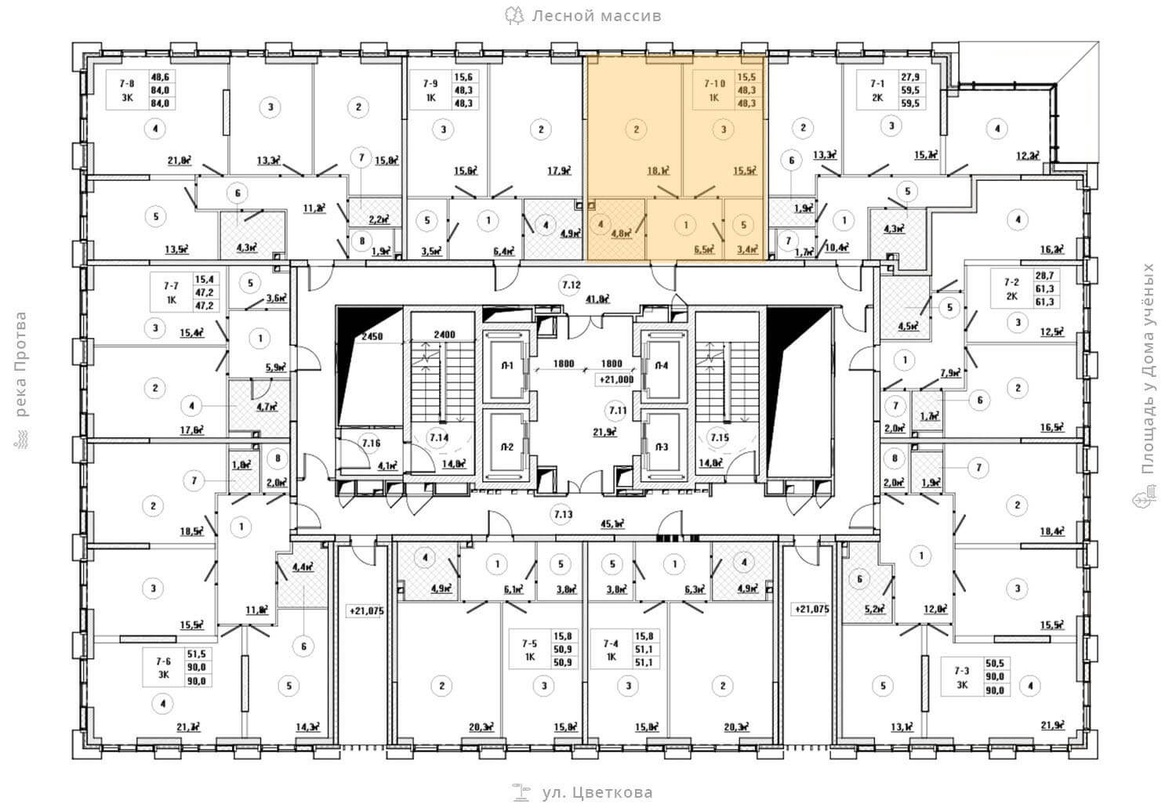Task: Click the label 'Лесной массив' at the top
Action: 596,16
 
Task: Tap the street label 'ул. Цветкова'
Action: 597,792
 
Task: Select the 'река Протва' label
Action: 20,365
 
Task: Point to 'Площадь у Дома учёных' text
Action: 1149,368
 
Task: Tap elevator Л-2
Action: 507,447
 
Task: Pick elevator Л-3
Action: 662,447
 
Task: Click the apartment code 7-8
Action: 125,82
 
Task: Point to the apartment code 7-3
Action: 961,671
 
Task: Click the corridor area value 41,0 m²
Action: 598,299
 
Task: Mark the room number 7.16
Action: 371,444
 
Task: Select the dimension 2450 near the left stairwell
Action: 372,337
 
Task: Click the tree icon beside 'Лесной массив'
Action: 514,15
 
